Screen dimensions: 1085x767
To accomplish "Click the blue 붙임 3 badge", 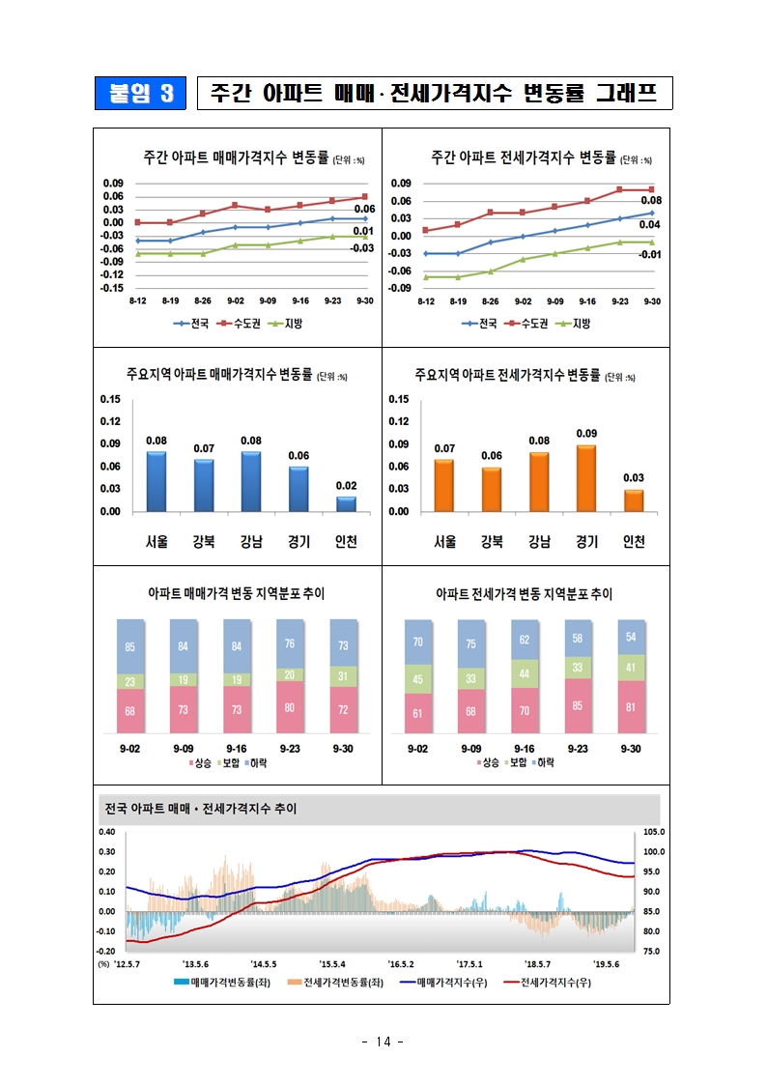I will click(141, 93).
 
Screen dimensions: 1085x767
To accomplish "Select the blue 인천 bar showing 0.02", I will click(346, 503).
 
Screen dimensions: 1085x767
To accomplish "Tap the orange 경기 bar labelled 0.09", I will click(586, 478).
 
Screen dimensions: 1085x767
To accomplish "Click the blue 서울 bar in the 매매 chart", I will click(156, 481).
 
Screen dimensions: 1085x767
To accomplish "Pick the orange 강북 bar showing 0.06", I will click(492, 489).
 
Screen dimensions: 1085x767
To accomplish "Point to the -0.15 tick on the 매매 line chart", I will click(113, 288).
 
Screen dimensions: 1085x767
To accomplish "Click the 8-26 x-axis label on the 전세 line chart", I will click(491, 301).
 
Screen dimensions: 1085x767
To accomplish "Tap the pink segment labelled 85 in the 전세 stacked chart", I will click(578, 705).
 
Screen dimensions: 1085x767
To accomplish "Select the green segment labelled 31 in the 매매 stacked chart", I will click(344, 676).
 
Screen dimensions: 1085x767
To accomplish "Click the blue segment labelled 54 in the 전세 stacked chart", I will click(631, 637).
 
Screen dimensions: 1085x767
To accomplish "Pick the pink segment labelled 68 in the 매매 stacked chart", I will click(130, 711).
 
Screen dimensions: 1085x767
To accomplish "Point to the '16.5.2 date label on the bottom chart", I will click(401, 963).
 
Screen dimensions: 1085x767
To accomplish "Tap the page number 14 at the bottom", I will click(383, 1042).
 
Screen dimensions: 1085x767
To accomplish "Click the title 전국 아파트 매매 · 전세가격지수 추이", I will click(200, 809).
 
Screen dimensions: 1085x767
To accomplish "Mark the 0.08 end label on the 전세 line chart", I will click(650, 200).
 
